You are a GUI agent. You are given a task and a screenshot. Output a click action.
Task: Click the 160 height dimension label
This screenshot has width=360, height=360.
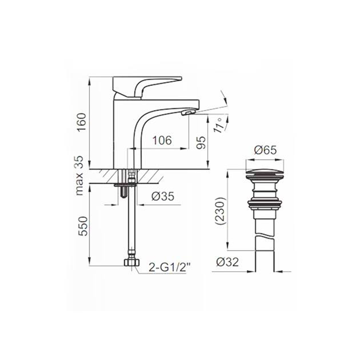(82, 122)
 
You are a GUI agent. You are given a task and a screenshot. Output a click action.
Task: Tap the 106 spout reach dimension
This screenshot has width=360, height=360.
(162, 140)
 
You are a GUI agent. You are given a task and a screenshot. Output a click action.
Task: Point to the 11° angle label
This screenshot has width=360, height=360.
(219, 125)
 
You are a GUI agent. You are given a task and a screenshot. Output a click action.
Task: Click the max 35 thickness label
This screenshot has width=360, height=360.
(79, 176)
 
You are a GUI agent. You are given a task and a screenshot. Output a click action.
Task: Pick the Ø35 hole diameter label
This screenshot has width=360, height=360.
(163, 196)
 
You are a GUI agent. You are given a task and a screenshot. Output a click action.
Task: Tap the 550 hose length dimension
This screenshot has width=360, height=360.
(83, 226)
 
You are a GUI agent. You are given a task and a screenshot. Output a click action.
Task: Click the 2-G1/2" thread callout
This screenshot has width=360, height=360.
(170, 267)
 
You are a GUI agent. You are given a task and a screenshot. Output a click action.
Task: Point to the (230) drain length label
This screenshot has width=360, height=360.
(221, 211)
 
